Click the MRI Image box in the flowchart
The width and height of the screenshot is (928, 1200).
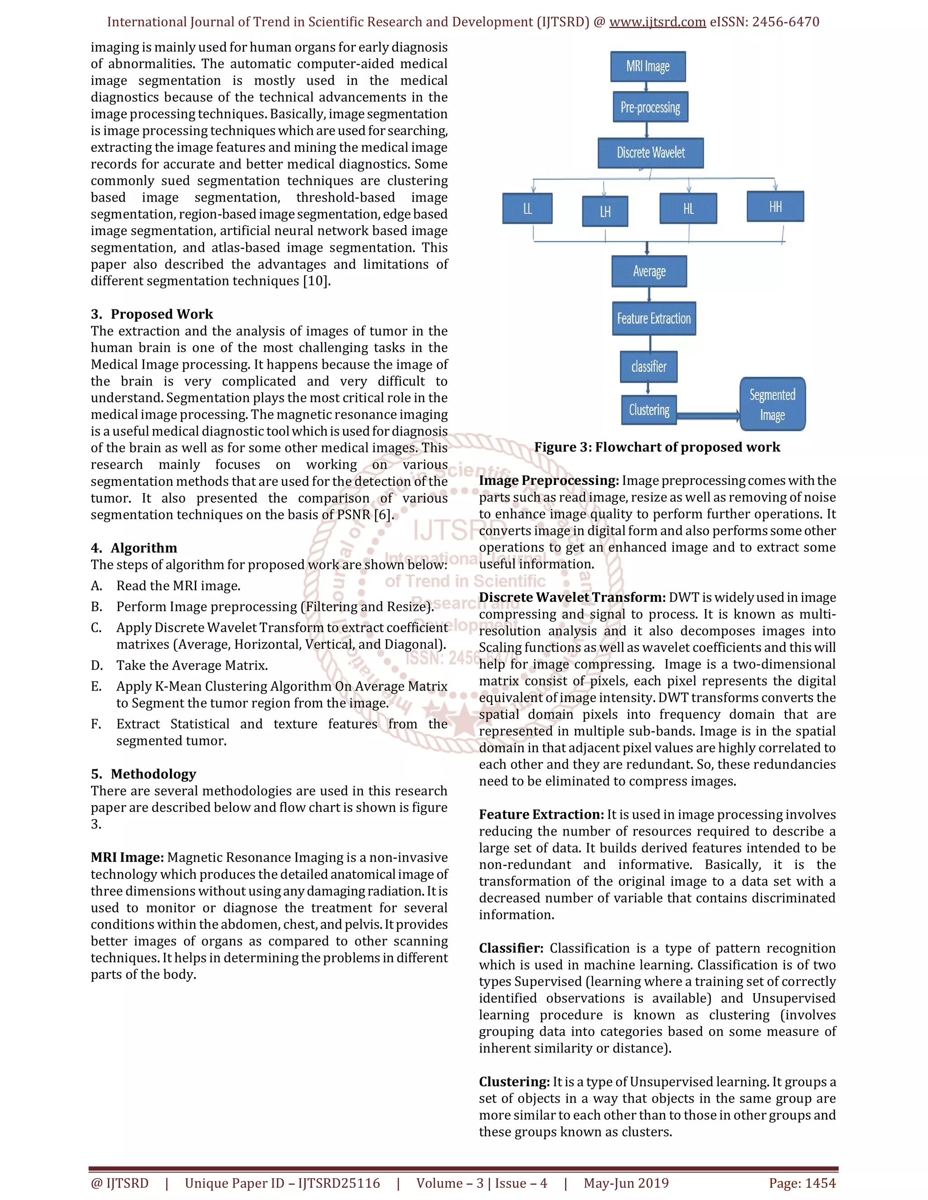click(x=648, y=67)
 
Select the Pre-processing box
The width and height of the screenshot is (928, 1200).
click(x=650, y=107)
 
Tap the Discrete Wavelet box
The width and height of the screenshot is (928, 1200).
click(x=650, y=153)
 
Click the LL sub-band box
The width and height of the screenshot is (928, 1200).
click(x=527, y=208)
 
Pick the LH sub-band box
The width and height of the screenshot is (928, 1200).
click(x=605, y=211)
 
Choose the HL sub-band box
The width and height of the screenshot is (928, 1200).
click(x=688, y=208)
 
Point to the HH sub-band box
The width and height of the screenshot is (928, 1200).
click(x=775, y=206)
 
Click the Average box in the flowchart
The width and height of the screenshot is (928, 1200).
click(x=649, y=271)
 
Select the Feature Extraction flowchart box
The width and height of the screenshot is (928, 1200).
click(x=654, y=319)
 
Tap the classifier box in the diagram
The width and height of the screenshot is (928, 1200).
click(x=649, y=366)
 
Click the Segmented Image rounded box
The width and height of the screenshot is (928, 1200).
click(x=773, y=404)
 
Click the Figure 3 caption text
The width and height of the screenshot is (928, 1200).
click(x=657, y=447)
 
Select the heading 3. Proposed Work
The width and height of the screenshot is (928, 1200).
click(x=152, y=314)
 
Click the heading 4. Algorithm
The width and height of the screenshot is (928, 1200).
click(x=134, y=548)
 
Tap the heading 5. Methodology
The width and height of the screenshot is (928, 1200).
click(x=144, y=774)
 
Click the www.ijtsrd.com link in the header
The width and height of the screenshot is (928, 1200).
click(x=657, y=22)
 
